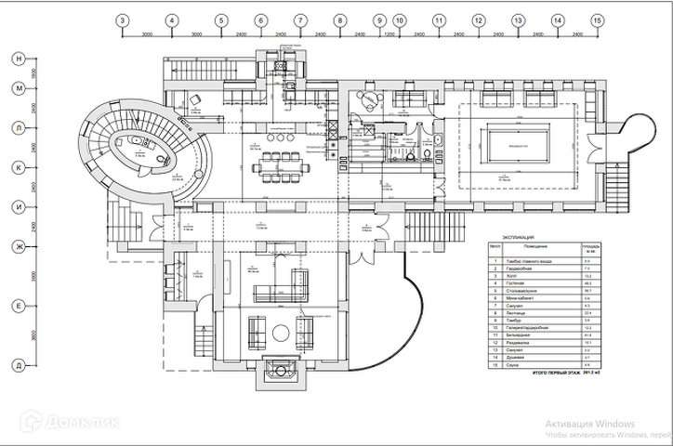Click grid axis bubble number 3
point(123,20)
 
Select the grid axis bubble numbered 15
point(597,20)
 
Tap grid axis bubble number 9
point(379,20)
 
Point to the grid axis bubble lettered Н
point(17,59)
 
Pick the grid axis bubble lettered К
point(17,167)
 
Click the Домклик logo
point(72,423)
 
